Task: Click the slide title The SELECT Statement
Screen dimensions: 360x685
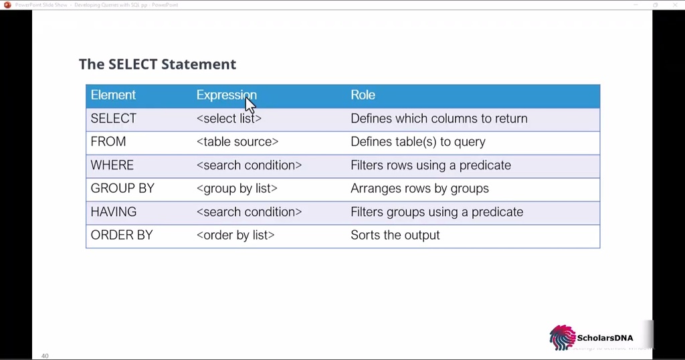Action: [157, 64]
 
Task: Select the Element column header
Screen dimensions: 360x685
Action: [113, 95]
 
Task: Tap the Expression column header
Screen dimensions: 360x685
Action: [226, 95]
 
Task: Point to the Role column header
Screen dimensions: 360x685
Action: [363, 95]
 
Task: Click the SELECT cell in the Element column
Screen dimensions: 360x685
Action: [113, 118]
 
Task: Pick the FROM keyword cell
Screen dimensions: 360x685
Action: [108, 142]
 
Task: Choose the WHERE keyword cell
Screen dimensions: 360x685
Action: [112, 165]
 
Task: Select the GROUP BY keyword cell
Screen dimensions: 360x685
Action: [122, 189]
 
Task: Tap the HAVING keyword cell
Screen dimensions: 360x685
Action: [113, 212]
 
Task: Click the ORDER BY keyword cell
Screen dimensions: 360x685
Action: [122, 236]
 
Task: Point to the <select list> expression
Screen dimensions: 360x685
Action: [229, 118]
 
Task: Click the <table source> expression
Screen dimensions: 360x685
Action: [237, 142]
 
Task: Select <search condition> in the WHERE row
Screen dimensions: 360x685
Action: [249, 165]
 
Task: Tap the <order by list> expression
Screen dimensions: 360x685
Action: [235, 236]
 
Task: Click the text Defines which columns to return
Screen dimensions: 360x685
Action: [439, 118]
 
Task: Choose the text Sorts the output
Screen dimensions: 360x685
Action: [395, 236]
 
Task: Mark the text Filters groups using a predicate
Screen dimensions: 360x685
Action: [437, 212]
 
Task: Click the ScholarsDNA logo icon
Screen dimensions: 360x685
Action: [562, 338]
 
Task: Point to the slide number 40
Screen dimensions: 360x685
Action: [45, 356]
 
